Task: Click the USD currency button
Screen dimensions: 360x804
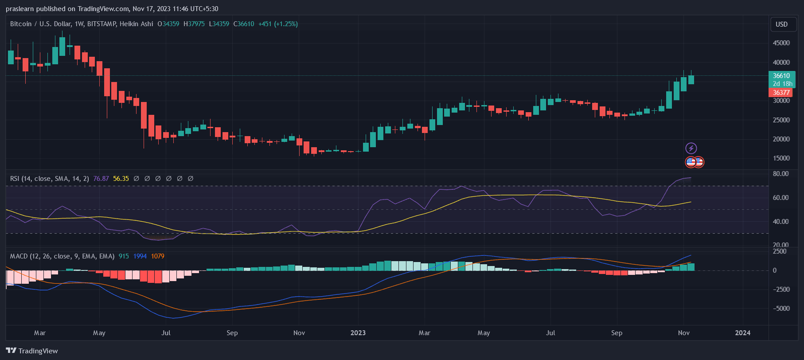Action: [x=781, y=24]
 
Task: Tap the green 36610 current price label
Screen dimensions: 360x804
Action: [x=781, y=76]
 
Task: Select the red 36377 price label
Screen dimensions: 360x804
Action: [x=781, y=93]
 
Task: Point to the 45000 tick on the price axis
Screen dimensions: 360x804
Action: [x=781, y=43]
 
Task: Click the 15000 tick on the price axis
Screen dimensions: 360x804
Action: [x=781, y=158]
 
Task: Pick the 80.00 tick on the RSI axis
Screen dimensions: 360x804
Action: [x=781, y=174]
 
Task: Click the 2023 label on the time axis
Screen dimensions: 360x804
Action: [x=358, y=333]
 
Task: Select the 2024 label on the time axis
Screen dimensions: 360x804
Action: [x=743, y=333]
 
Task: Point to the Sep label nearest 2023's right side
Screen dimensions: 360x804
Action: [x=617, y=333]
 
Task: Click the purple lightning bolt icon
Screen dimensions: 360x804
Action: [x=691, y=148]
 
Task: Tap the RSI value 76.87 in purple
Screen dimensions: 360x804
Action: [x=101, y=179]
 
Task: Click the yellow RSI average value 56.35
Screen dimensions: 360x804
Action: [x=121, y=179]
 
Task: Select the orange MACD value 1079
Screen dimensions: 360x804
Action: [x=157, y=256]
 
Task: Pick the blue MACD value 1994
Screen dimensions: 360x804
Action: [x=140, y=256]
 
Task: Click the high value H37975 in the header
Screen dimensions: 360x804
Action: [x=194, y=24]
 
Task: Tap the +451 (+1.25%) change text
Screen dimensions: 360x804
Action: [x=278, y=24]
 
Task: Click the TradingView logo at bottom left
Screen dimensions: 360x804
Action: [x=32, y=351]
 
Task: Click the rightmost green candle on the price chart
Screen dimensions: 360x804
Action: [x=691, y=79]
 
